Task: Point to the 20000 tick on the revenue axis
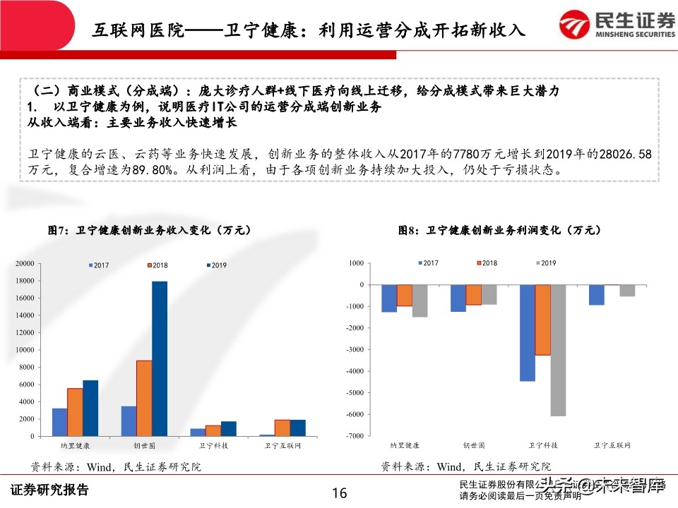coord(25,263)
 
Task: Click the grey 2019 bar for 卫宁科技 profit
coord(558,350)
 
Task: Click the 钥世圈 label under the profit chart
coord(473,446)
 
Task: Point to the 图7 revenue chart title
coord(148,230)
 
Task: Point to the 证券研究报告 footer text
coord(49,490)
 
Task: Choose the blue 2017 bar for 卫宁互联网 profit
coord(596,295)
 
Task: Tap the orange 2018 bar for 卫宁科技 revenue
coord(213,430)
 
